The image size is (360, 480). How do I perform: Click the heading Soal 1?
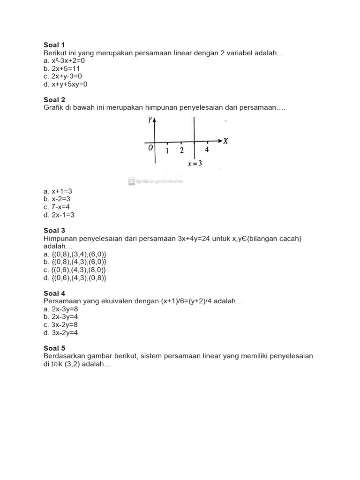click(54, 45)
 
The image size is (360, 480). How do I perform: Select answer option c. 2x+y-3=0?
click(62, 76)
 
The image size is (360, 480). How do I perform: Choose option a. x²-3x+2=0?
click(64, 61)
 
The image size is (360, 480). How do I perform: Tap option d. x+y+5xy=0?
click(65, 84)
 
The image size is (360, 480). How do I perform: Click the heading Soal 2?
click(54, 100)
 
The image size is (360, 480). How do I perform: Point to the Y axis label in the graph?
click(150, 120)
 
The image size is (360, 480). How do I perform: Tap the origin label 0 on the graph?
click(150, 148)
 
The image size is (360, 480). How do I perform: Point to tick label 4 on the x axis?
click(207, 150)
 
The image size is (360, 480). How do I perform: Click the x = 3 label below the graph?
click(195, 164)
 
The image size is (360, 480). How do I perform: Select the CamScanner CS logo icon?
click(132, 181)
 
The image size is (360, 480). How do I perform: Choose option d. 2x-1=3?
click(59, 215)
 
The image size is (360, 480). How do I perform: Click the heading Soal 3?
click(54, 231)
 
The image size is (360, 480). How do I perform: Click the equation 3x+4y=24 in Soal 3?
click(196, 239)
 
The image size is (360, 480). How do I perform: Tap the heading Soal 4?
click(54, 293)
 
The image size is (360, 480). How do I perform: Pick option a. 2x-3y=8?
click(59, 309)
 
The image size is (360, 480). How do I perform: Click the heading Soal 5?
click(54, 348)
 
